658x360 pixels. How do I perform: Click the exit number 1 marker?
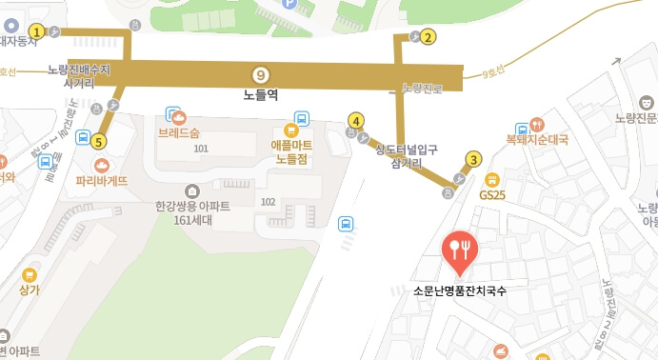[36, 31]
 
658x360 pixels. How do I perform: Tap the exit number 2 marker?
[429, 38]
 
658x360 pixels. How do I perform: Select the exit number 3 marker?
[473, 159]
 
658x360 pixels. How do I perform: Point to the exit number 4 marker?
[355, 121]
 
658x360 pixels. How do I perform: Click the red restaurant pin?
[462, 250]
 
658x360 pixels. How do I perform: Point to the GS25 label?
[492, 194]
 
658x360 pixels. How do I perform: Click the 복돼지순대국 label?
[537, 139]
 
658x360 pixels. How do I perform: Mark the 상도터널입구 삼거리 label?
[406, 155]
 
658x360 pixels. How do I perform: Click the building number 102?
[268, 201]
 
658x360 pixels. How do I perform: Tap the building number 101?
[200, 149]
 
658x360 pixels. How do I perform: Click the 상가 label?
[30, 290]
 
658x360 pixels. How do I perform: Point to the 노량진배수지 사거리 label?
[79, 76]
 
